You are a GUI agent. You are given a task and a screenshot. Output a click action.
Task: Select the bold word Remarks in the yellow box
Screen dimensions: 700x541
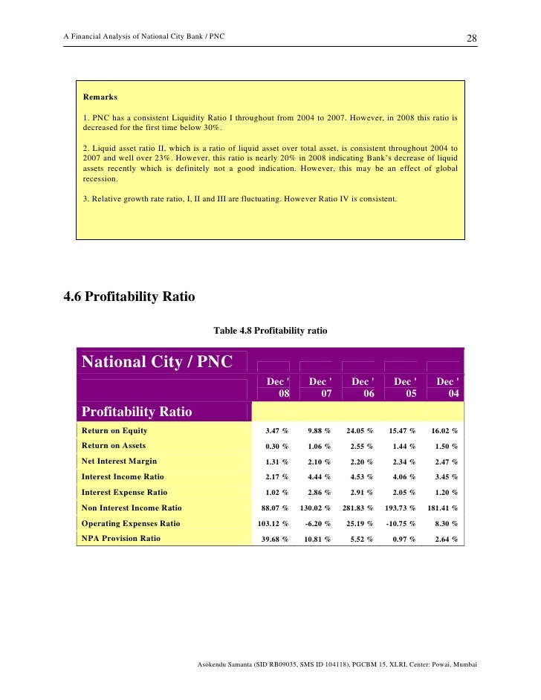100,97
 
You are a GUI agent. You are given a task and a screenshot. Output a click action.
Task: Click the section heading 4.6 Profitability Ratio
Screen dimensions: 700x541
129,297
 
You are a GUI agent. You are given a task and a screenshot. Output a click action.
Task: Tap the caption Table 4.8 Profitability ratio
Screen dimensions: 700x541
270,330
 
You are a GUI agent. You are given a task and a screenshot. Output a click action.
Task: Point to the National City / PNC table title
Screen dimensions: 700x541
157,362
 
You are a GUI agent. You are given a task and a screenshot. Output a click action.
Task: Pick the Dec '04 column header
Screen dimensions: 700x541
447,387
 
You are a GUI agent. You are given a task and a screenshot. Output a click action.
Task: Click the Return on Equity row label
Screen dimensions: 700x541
114,430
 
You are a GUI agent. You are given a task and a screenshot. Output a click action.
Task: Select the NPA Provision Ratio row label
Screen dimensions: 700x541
120,538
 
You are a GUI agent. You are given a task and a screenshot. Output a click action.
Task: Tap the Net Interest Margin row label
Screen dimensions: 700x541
119,461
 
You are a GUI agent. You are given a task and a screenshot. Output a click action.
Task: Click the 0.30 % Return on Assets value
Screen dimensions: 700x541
276,447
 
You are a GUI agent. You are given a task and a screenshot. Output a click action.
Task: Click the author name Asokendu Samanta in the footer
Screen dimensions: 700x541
228,663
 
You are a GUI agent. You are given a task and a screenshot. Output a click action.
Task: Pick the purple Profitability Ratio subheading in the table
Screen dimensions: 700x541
137,412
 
